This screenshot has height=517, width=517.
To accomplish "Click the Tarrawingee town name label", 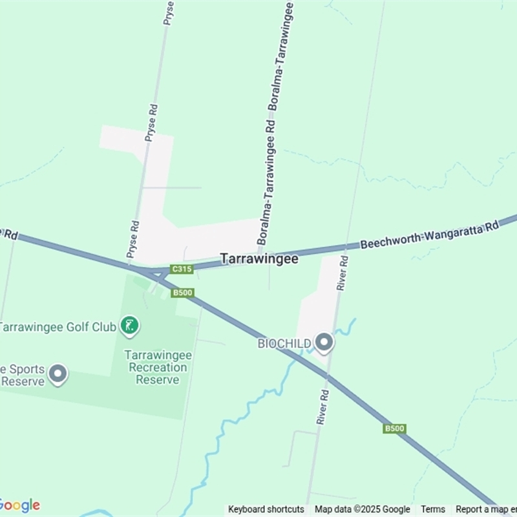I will tap(259, 258).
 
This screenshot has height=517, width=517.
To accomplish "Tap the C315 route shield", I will tap(182, 269).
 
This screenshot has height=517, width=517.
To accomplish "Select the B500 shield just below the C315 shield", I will tap(183, 293).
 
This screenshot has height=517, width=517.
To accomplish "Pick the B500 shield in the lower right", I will tap(394, 428).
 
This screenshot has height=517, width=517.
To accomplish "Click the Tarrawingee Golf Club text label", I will tap(58, 326).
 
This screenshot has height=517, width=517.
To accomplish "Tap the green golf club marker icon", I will tap(130, 326).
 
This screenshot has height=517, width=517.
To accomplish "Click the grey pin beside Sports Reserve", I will tap(58, 374).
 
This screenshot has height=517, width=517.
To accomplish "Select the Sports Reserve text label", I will tap(23, 375).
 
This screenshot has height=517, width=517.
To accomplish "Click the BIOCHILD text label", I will tap(284, 343).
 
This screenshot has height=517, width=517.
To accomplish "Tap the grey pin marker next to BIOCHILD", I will tap(324, 342).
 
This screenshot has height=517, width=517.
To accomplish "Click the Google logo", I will tap(19, 505).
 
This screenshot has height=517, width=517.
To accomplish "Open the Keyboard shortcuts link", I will tap(266, 509).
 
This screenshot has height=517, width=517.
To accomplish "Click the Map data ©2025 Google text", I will tap(363, 509).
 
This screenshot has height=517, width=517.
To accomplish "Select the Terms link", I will tap(433, 509).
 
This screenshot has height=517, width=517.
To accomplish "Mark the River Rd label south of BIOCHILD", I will tap(323, 408).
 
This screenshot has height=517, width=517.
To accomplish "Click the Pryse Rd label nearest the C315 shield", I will tap(134, 240).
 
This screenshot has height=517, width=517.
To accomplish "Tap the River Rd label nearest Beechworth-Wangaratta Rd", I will tap(344, 272).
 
